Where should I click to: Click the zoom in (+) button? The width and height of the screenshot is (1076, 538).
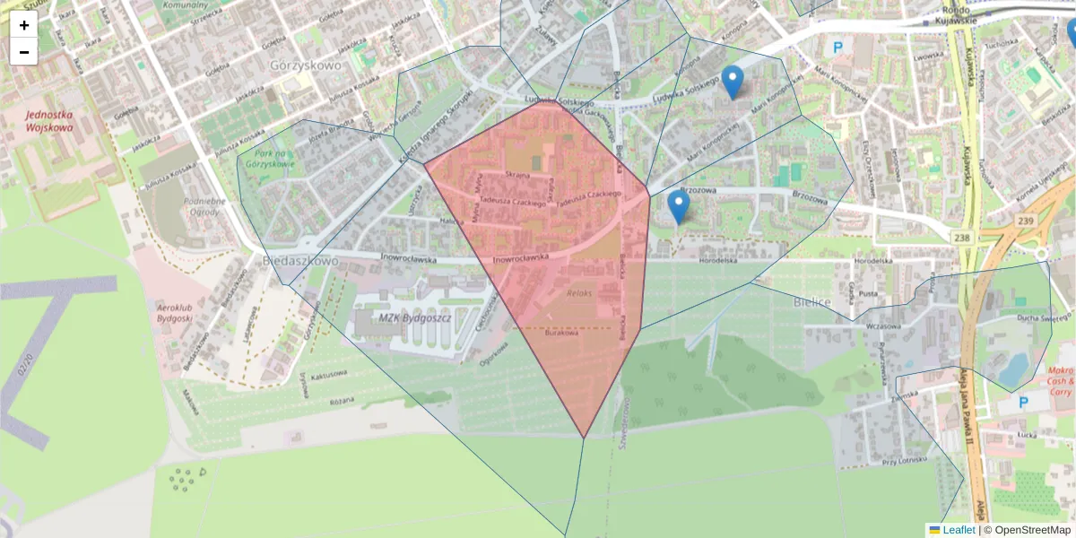click(x=24, y=25)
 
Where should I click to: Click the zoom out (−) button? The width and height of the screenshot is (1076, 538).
click(x=24, y=52)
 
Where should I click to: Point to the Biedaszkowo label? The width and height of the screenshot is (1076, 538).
click(x=301, y=260)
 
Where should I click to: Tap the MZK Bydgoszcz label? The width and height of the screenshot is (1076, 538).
click(x=414, y=318)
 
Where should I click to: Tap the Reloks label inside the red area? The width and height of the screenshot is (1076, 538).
click(x=580, y=293)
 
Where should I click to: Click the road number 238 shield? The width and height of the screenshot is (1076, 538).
click(x=962, y=237)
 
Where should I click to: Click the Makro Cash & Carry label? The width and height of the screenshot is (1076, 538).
click(x=1059, y=381)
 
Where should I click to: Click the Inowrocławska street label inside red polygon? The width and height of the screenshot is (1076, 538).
click(x=521, y=258)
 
